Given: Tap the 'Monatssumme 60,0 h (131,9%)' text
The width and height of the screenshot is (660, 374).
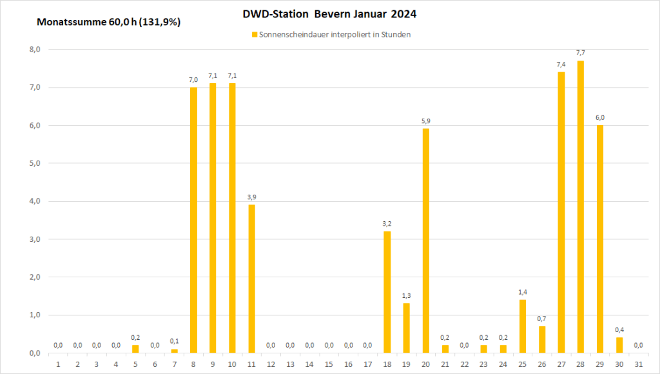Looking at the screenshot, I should [109, 22].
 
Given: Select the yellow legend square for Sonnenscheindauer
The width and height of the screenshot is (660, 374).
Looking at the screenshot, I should [255, 35].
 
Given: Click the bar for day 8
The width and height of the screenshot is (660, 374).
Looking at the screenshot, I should [193, 220].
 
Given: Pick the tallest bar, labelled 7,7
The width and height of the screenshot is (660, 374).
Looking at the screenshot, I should [580, 206].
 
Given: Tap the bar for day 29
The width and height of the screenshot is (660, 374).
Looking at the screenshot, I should [599, 239].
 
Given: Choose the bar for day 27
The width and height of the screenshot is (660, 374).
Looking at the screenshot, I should [561, 212].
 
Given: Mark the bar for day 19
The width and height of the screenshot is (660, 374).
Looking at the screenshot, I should [406, 328].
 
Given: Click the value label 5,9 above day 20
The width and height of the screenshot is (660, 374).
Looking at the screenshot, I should [425, 121].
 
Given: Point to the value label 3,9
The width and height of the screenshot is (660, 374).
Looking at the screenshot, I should [251, 197].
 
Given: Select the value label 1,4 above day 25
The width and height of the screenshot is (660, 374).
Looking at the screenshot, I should [522, 292].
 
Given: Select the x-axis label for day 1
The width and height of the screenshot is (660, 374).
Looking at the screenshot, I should [58, 364].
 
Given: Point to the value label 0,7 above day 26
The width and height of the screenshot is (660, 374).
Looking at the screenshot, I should [541, 319].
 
